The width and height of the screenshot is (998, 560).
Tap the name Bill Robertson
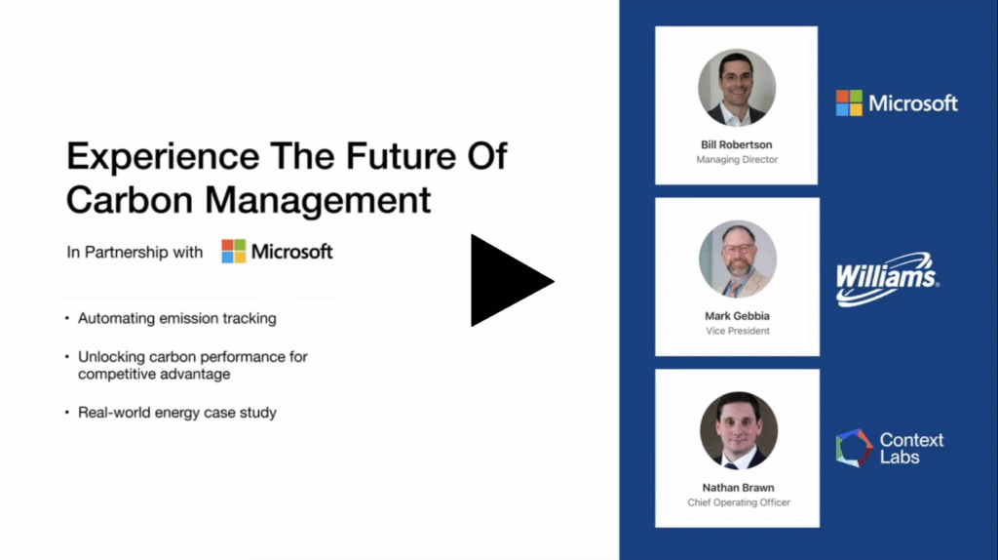point(737,144)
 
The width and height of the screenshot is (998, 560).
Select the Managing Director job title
point(737,159)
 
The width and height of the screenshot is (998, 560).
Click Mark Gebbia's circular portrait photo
point(738,260)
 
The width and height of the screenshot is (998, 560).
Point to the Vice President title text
point(738,331)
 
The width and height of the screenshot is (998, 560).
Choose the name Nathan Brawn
point(739,488)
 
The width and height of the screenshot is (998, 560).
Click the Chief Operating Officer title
point(739,502)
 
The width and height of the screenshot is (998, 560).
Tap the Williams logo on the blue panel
point(887,279)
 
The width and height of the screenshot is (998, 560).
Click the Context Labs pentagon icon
point(854,448)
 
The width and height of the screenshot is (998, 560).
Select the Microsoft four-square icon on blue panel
point(849,102)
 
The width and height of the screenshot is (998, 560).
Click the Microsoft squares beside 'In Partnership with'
point(234,251)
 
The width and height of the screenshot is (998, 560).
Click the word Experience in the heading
point(163,157)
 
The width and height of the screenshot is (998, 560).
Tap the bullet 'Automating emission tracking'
point(177,318)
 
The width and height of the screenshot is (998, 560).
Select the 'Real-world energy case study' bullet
point(177,413)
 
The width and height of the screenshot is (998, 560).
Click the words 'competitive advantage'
point(154,374)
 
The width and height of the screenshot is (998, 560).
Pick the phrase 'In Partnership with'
point(134,253)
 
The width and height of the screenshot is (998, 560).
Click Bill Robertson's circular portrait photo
point(737,88)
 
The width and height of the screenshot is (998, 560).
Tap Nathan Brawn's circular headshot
point(739,430)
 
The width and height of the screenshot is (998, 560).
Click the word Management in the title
point(319,200)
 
